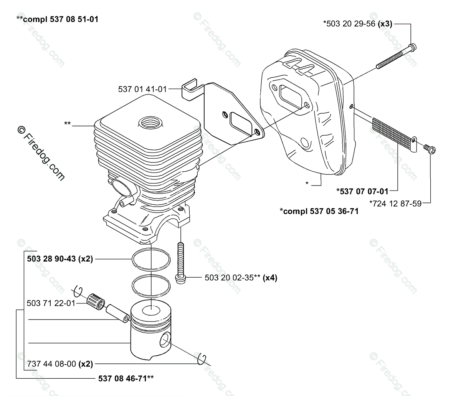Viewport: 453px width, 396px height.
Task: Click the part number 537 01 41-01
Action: (x=142, y=89)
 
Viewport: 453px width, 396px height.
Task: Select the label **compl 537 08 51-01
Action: (x=57, y=18)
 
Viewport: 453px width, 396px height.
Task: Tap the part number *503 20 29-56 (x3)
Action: (x=357, y=24)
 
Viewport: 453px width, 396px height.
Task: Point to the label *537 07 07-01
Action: (x=362, y=191)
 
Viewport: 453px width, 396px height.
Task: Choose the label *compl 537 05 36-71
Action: (x=319, y=211)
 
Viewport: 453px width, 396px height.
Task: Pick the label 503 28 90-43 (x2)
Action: (x=60, y=259)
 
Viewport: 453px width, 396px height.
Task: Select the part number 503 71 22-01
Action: (x=51, y=303)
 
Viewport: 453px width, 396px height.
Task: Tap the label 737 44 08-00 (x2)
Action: (x=60, y=363)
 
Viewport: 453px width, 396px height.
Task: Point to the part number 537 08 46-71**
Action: (x=124, y=378)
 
